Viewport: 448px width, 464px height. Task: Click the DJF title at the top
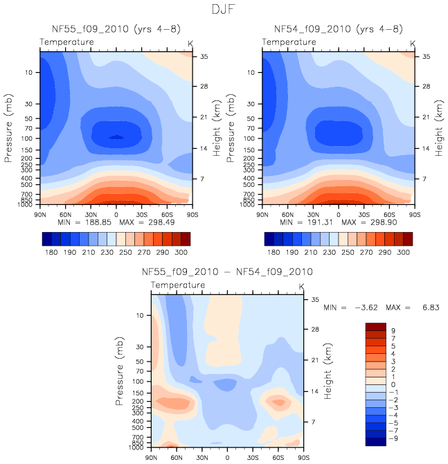click(224, 11)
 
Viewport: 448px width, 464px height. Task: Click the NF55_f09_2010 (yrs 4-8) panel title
click(115, 29)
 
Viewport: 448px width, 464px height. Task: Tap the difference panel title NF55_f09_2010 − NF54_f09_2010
click(226, 271)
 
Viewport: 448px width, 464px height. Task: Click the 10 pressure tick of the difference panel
click(142, 316)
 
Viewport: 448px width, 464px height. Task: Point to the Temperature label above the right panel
click(289, 43)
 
